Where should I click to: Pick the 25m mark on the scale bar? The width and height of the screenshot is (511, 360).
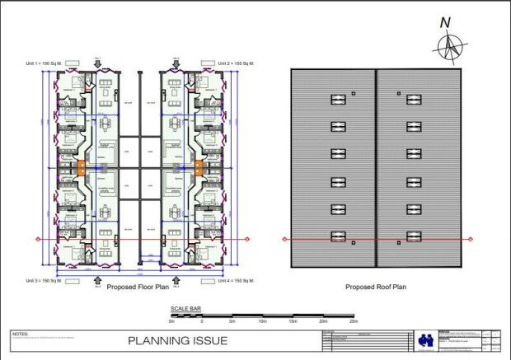[x=353, y=320]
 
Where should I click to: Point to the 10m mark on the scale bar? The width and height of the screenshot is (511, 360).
[x=262, y=320]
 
